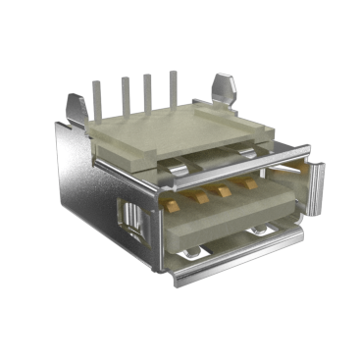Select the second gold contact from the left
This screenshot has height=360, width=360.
201,195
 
